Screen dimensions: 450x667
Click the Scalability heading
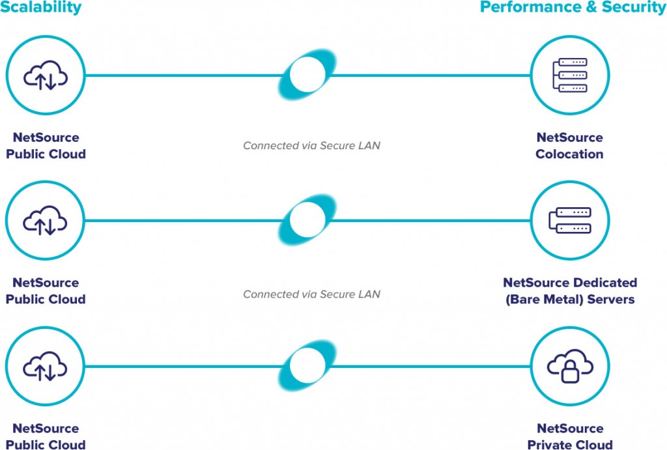point(40,8)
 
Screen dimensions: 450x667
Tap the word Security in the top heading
point(634,8)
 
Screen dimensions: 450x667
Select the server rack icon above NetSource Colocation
point(569,75)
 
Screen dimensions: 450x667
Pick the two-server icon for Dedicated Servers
point(569,221)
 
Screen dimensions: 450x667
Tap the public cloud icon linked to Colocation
point(46,76)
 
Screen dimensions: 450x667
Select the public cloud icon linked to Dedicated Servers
point(46,221)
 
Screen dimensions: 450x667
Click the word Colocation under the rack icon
point(569,154)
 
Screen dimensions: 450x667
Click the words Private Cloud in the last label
point(569,445)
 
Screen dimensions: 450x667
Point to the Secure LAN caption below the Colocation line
point(311,145)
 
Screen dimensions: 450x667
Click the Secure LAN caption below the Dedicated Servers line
point(311,294)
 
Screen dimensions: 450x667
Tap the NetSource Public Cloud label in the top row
point(46,146)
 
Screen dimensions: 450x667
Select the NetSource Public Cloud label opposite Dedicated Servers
point(46,291)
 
